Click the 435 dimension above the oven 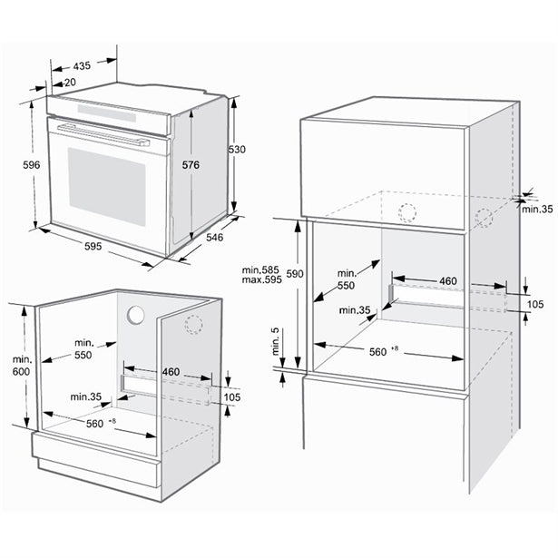pyautogui.click(x=82, y=66)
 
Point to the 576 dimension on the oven pyautogui.click(x=191, y=165)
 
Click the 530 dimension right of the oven pyautogui.click(x=237, y=149)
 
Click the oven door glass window pyautogui.click(x=107, y=186)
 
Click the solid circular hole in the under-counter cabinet pyautogui.click(x=136, y=316)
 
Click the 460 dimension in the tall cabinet pyautogui.click(x=447, y=281)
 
